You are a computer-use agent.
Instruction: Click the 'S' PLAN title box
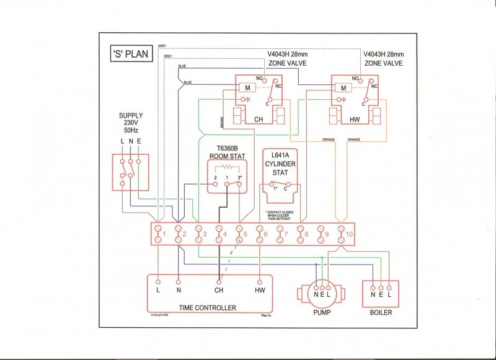130,54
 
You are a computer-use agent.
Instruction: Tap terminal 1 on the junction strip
158,234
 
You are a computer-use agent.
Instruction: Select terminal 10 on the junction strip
342,234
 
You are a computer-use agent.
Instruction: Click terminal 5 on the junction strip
240,234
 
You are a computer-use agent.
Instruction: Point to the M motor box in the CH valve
247,89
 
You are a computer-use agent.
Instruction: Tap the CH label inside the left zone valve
259,119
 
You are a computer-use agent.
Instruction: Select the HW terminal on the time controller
260,289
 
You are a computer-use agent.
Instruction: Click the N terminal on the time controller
179,289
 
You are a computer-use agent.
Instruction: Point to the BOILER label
380,312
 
